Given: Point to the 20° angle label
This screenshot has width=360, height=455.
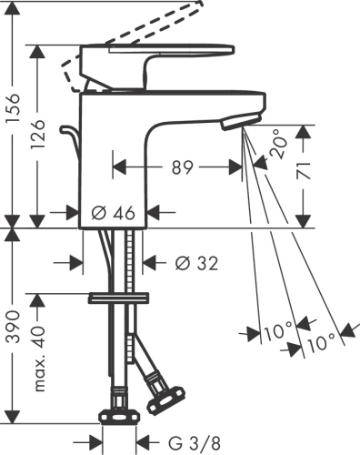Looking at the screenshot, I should (x=277, y=143).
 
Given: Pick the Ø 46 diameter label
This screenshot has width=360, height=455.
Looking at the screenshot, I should (x=114, y=212).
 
